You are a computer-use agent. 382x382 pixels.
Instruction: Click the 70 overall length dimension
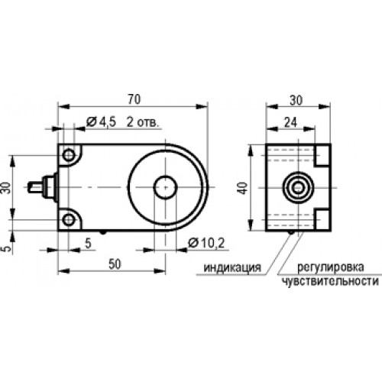pyautogui.click(x=134, y=99)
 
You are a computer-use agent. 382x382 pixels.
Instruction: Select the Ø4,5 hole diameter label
pyautogui.click(x=101, y=122)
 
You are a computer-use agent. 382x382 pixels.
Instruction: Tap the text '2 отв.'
pyautogui.click(x=143, y=122)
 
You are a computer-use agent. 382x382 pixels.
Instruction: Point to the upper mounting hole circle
pyautogui.click(x=69, y=155)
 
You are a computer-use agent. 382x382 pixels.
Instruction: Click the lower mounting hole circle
pyautogui.click(x=69, y=220)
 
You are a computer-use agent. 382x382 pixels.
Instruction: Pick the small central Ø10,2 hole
pyautogui.click(x=165, y=187)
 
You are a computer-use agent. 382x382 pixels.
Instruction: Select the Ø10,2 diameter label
pyautogui.click(x=206, y=243)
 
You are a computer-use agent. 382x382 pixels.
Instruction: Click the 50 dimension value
pyautogui.click(x=115, y=264)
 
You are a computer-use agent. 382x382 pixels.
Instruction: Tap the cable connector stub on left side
pyautogui.click(x=43, y=188)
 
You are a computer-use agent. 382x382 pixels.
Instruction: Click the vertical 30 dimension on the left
pyautogui.click(x=7, y=188)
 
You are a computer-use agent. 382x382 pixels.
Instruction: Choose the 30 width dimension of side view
pyautogui.click(x=296, y=100)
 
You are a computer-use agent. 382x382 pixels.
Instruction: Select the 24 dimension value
pyautogui.click(x=290, y=122)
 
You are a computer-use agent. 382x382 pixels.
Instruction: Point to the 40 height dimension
pyautogui.click(x=244, y=188)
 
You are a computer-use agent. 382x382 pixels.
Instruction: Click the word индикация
pyautogui.click(x=232, y=267)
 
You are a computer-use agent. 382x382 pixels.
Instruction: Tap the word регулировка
pyautogui.click(x=331, y=267)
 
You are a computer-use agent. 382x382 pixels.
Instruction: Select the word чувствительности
pyautogui.click(x=330, y=282)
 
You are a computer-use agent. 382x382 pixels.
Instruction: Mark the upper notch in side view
pyautogui.click(x=322, y=155)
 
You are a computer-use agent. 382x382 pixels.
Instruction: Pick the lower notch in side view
pyautogui.click(x=322, y=219)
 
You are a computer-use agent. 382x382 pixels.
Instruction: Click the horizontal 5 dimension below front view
pyautogui.click(x=88, y=243)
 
